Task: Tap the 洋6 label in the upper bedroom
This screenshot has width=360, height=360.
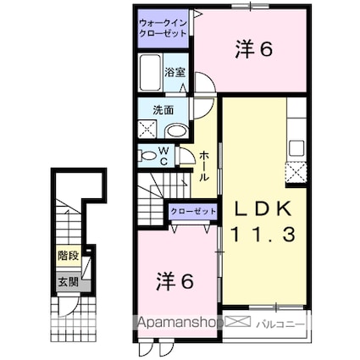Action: [x=252, y=50]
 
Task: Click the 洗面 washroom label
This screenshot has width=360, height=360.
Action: [x=163, y=110]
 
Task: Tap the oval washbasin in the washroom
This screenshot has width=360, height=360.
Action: [x=174, y=131]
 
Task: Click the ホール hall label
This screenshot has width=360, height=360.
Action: [x=205, y=164]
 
